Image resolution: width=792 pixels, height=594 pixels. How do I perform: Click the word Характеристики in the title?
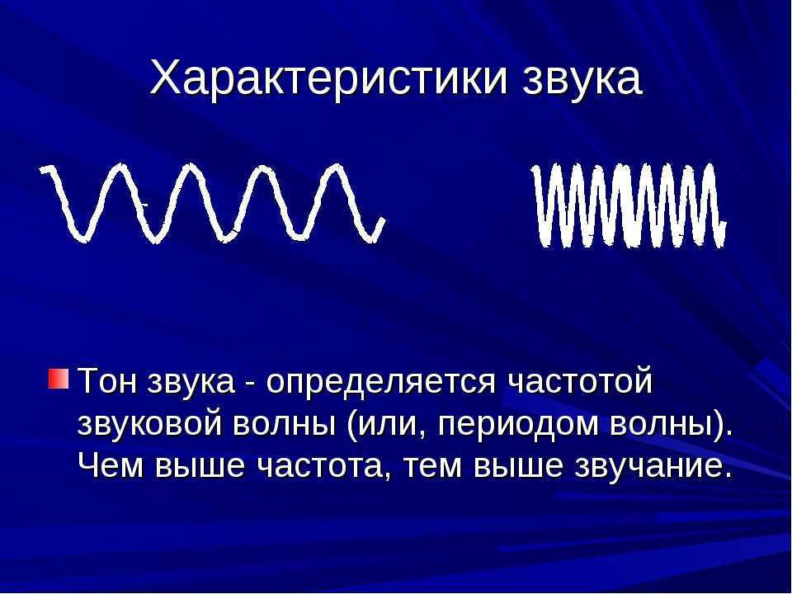point(328,79)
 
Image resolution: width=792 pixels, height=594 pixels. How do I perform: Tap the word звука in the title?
point(582,81)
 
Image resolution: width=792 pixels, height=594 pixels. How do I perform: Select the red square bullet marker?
point(58,379)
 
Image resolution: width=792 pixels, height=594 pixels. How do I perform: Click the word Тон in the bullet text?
point(107,380)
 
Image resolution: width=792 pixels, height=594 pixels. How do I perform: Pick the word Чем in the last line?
point(111,465)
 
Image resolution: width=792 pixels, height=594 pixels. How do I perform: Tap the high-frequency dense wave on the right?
point(629,205)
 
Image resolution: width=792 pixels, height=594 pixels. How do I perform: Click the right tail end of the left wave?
point(383,220)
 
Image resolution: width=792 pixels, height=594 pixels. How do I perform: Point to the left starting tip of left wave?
point(42,170)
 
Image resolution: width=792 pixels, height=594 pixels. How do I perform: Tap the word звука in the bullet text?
point(191,382)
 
